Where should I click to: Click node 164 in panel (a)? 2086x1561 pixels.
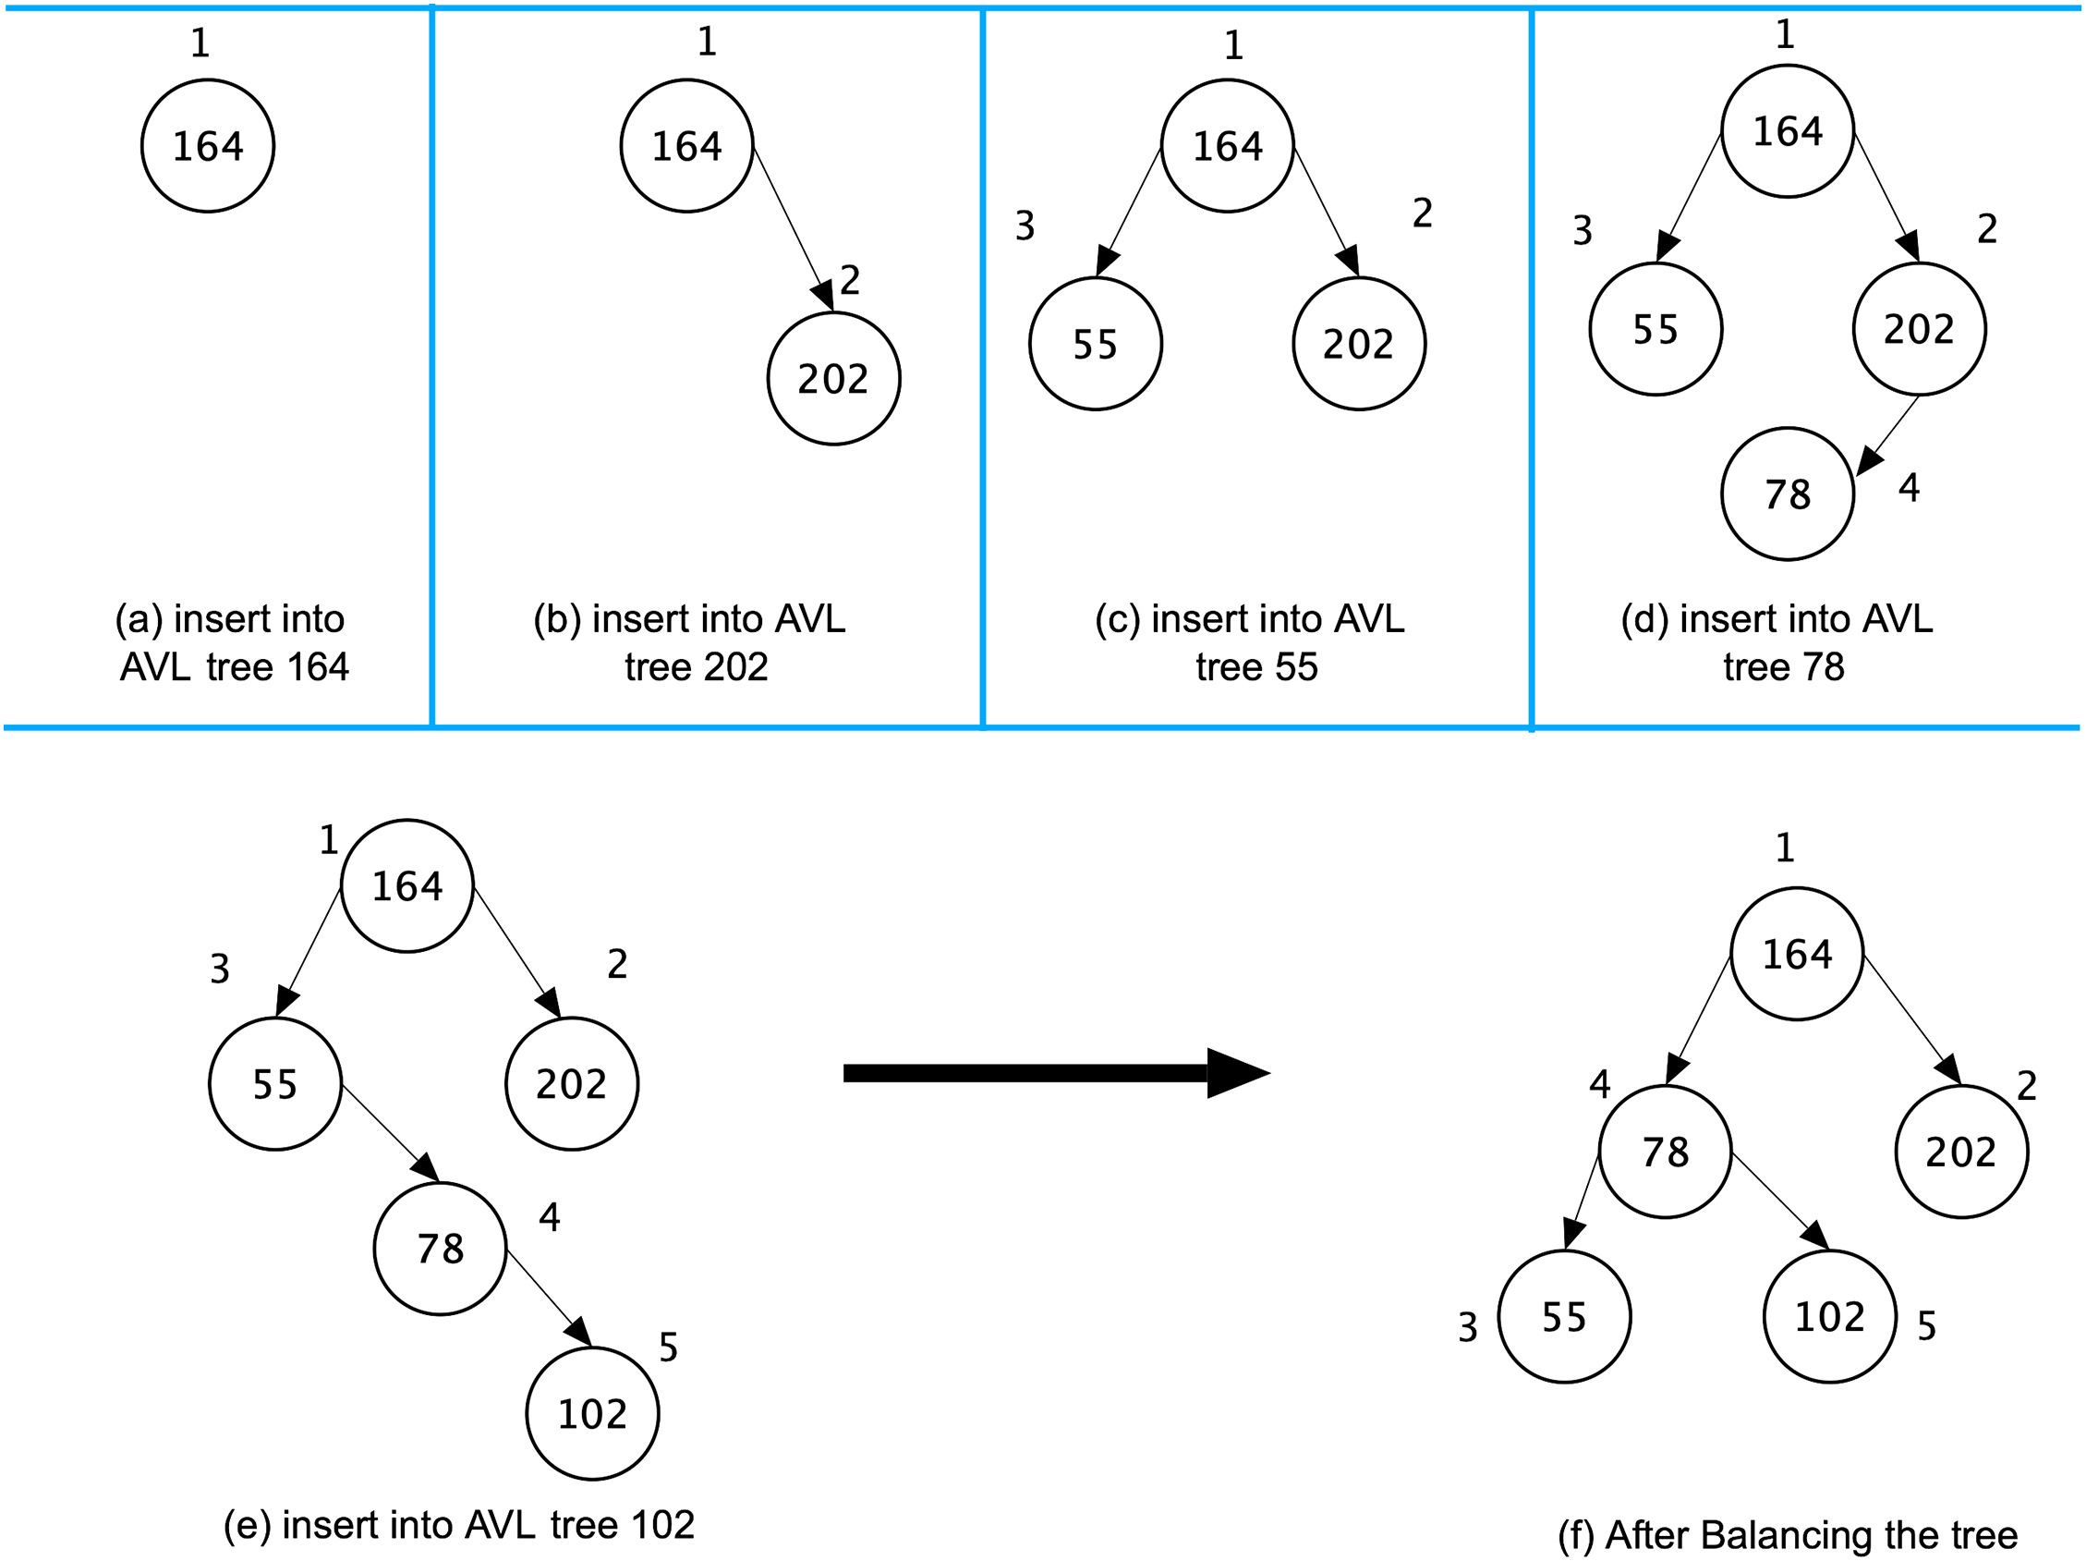point(208,146)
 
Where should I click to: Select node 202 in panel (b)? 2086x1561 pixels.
point(833,378)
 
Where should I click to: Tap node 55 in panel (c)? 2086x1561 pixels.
point(1095,343)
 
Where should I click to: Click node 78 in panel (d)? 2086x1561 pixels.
point(1787,494)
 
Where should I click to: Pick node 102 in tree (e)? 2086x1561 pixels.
point(592,1414)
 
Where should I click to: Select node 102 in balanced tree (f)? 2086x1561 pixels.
point(1829,1317)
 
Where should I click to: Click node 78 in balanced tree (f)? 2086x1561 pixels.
point(1666,1152)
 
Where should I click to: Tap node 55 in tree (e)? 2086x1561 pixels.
point(275,1084)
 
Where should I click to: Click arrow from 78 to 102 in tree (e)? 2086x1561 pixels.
point(549,1297)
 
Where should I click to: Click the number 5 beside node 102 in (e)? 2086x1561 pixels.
point(669,1347)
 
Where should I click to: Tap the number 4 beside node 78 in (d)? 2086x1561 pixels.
point(1909,488)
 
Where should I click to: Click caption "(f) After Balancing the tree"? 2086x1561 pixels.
point(1787,1534)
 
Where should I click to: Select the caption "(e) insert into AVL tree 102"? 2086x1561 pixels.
point(459,1524)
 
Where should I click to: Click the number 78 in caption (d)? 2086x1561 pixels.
point(1823,667)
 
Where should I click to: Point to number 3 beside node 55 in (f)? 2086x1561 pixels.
point(1467,1327)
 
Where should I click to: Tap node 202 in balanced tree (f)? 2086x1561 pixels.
point(1961,1152)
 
